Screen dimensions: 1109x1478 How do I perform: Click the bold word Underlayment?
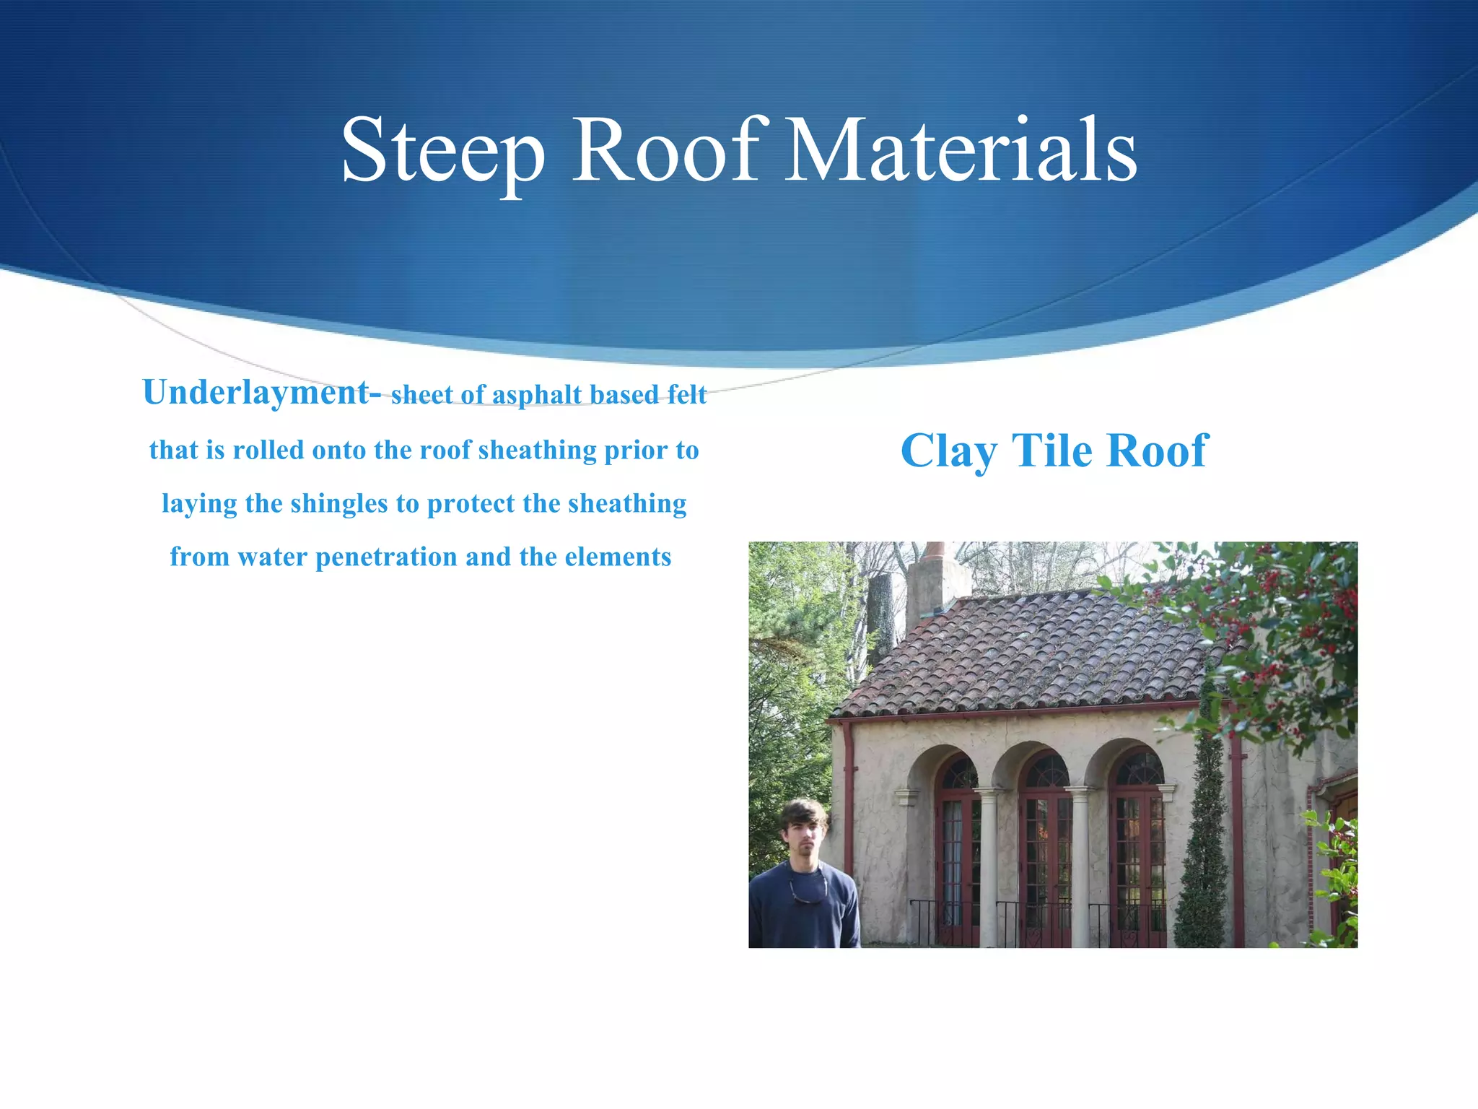256,393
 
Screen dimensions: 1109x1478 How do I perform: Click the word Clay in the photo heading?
949,451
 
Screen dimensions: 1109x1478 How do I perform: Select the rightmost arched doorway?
1137,852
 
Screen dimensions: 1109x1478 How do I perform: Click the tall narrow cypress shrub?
1204,830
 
